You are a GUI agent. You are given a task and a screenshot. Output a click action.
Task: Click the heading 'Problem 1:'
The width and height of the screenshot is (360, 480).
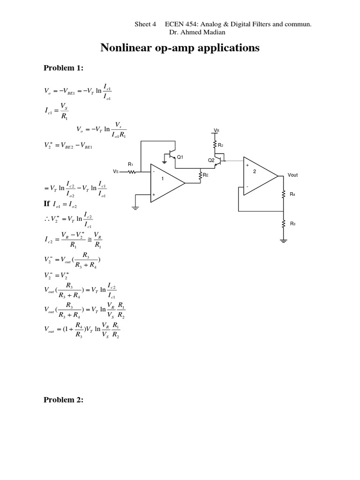63,68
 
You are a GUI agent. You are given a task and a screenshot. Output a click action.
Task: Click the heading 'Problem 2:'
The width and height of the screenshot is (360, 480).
63,400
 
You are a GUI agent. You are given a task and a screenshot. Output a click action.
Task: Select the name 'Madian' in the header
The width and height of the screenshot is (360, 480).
212,32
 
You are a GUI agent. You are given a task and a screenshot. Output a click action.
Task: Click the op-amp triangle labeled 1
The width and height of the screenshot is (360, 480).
166,182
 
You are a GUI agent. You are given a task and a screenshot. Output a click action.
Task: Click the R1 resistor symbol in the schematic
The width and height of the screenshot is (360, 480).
132,172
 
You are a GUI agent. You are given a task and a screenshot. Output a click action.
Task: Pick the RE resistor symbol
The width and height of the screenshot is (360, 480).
200,175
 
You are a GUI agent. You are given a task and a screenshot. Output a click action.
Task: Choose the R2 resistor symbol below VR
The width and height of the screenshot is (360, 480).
216,144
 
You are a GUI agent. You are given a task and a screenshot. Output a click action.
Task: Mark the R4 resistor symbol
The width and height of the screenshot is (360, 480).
284,194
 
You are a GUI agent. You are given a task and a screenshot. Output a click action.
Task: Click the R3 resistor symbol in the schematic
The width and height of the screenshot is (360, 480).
284,224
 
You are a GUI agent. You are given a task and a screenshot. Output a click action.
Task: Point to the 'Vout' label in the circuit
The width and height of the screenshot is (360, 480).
292,175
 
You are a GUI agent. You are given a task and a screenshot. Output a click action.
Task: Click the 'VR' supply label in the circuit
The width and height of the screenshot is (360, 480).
216,130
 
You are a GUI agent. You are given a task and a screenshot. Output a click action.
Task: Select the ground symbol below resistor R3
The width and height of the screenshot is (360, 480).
284,240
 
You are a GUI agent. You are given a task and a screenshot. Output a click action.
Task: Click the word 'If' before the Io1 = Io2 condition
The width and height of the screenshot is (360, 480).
46,204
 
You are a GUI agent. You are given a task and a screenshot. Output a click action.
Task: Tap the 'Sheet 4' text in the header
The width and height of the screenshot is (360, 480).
145,24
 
